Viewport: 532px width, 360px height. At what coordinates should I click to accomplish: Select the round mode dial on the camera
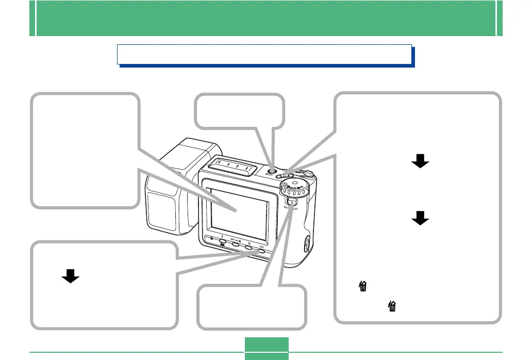click(294, 189)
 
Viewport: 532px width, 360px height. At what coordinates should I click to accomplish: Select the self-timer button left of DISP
click(248, 247)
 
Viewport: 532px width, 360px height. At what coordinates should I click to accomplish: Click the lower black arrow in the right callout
click(420, 220)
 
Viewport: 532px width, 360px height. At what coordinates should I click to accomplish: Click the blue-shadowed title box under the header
click(264, 54)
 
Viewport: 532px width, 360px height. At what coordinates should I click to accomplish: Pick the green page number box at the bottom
click(266, 348)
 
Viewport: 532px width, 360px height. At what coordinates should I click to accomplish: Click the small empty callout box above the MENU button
click(240, 111)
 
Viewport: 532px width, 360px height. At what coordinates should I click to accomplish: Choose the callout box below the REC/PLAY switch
click(252, 307)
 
